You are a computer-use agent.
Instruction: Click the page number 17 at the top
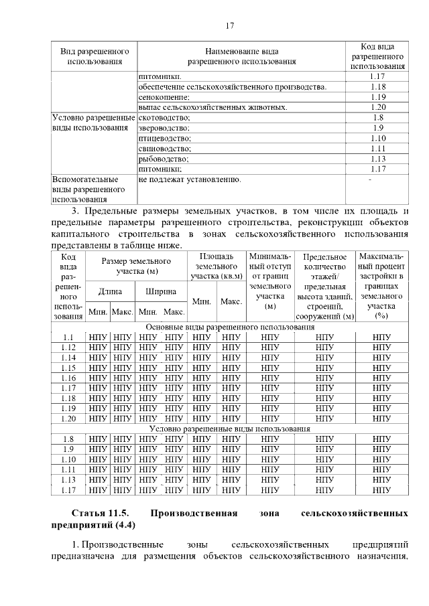tap(229, 26)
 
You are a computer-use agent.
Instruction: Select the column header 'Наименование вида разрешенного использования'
tap(241, 56)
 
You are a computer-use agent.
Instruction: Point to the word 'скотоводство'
tap(164, 117)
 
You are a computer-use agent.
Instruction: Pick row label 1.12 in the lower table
tap(68, 348)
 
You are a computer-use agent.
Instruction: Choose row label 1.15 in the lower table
tap(68, 368)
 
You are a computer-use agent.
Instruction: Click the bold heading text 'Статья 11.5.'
tap(99, 514)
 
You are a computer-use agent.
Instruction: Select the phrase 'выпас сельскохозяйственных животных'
tap(213, 107)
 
